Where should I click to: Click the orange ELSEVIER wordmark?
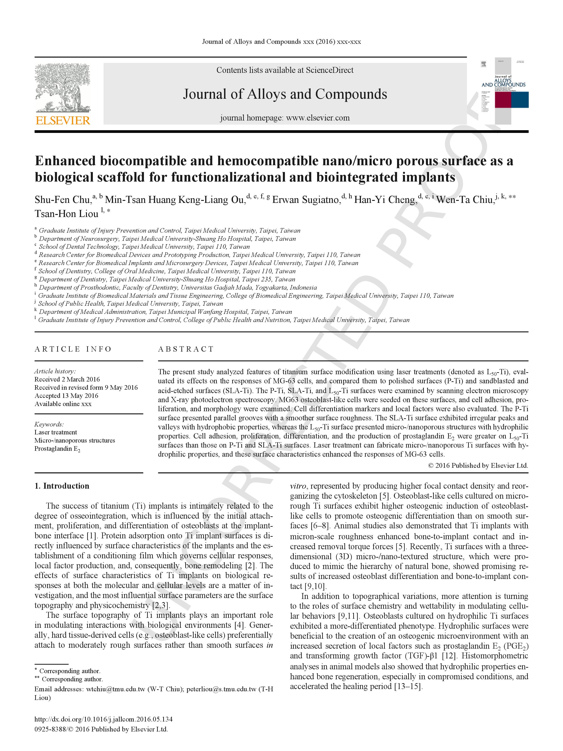tap(63, 121)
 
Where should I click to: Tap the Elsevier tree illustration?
tap(63, 88)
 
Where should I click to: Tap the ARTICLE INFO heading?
tap(73, 349)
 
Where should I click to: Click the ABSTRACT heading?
tap(186, 349)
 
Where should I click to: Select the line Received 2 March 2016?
tap(67, 379)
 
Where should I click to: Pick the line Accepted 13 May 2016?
tap(66, 396)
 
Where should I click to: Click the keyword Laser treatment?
tap(55, 432)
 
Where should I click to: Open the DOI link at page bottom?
tap(103, 719)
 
